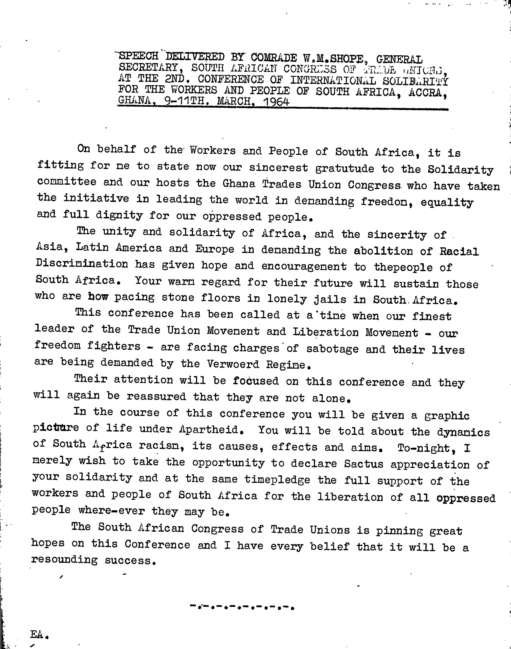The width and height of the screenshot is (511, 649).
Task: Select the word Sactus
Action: (364, 464)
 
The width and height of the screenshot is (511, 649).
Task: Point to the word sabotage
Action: (332, 349)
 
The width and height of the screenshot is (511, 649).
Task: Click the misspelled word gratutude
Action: (344, 169)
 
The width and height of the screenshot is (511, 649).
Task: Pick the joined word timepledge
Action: (277, 480)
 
